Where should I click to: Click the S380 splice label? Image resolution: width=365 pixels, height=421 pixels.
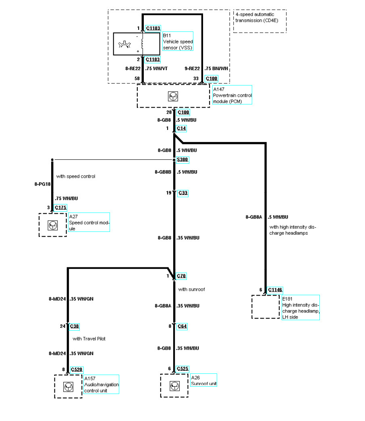tap(182, 160)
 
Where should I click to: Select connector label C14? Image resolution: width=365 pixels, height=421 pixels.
tap(182, 128)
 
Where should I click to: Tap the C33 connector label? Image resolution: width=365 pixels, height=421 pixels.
tap(182, 193)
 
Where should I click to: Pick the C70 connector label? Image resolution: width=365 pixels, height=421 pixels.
tap(182, 276)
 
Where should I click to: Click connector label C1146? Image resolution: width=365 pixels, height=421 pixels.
tap(275, 290)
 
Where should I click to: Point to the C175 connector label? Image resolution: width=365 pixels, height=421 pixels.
tap(60, 208)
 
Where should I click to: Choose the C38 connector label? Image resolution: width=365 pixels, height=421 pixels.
tap(75, 326)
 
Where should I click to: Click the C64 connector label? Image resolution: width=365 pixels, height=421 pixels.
tap(182, 326)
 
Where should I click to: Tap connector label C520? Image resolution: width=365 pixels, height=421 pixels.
tap(77, 369)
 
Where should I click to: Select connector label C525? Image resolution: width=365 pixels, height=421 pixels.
tap(183, 369)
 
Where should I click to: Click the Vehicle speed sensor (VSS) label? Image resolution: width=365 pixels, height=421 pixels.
tap(177, 42)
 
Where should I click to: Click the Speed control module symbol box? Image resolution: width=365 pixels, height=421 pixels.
tap(53, 225)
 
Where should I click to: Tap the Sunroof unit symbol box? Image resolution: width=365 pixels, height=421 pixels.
tap(174, 386)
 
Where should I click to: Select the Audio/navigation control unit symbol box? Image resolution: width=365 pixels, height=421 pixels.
tap(68, 386)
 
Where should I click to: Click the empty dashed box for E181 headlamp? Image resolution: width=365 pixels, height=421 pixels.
tap(265, 307)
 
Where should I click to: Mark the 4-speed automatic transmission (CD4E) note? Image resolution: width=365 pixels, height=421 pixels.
tap(259, 21)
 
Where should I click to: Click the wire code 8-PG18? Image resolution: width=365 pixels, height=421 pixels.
tap(43, 184)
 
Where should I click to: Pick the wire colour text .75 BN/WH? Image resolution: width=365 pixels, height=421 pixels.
tap(216, 69)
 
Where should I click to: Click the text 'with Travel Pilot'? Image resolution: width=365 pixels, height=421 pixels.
tap(89, 339)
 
